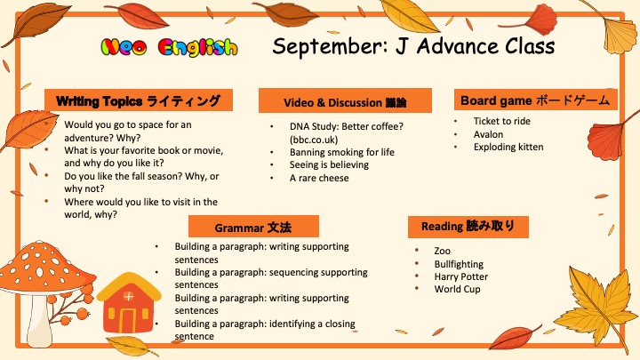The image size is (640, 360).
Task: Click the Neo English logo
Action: (x=169, y=47)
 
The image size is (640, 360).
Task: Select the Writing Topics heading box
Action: (x=139, y=100)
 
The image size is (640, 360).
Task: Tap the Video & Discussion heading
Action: (x=345, y=100)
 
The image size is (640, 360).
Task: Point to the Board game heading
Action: (x=535, y=100)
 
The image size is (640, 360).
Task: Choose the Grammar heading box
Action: (x=253, y=227)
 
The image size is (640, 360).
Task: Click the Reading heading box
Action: (x=468, y=227)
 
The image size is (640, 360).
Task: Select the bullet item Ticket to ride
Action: (x=502, y=121)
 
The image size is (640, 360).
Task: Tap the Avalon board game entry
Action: (x=488, y=134)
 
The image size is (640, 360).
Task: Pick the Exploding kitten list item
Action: (x=508, y=147)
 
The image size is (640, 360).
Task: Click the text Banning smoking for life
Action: (x=342, y=152)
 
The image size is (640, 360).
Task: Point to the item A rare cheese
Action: (x=319, y=178)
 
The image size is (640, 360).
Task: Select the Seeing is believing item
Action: (x=329, y=165)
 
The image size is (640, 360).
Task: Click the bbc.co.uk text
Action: (x=314, y=140)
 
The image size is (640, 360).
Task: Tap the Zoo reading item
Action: (x=443, y=251)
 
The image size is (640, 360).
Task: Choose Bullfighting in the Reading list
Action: (x=459, y=264)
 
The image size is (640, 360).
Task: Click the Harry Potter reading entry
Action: (x=461, y=276)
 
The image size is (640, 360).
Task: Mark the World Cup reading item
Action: (x=457, y=289)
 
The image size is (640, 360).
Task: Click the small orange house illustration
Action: (x=129, y=303)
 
